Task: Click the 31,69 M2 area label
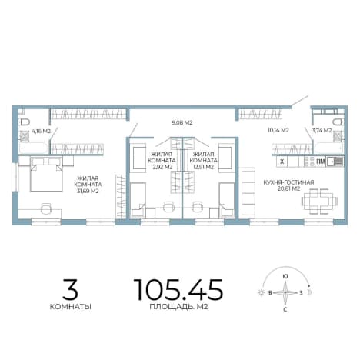pyautogui.click(x=88, y=191)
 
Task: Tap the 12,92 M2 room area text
pyautogui.click(x=162, y=167)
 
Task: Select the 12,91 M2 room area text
pyautogui.click(x=203, y=167)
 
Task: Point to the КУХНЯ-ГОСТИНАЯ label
pyautogui.click(x=288, y=182)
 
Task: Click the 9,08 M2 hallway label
pyautogui.click(x=182, y=122)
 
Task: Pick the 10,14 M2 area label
pyautogui.click(x=278, y=130)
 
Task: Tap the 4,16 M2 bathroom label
pyautogui.click(x=41, y=131)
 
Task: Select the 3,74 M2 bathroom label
pyautogui.click(x=322, y=130)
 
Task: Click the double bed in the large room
pyautogui.click(x=46, y=174)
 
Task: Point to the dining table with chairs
pyautogui.click(x=319, y=202)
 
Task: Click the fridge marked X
pyautogui.click(x=282, y=162)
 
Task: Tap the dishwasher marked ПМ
pyautogui.click(x=321, y=162)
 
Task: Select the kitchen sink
pyautogui.click(x=335, y=162)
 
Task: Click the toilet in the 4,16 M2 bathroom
pyautogui.click(x=25, y=122)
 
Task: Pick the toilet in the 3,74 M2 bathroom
pyautogui.click(x=338, y=122)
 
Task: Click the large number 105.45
pyautogui.click(x=178, y=289)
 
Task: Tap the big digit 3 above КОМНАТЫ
pyautogui.click(x=70, y=289)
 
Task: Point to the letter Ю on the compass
pyautogui.click(x=285, y=276)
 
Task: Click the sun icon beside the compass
pyautogui.click(x=261, y=292)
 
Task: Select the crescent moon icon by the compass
pyautogui.click(x=310, y=292)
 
